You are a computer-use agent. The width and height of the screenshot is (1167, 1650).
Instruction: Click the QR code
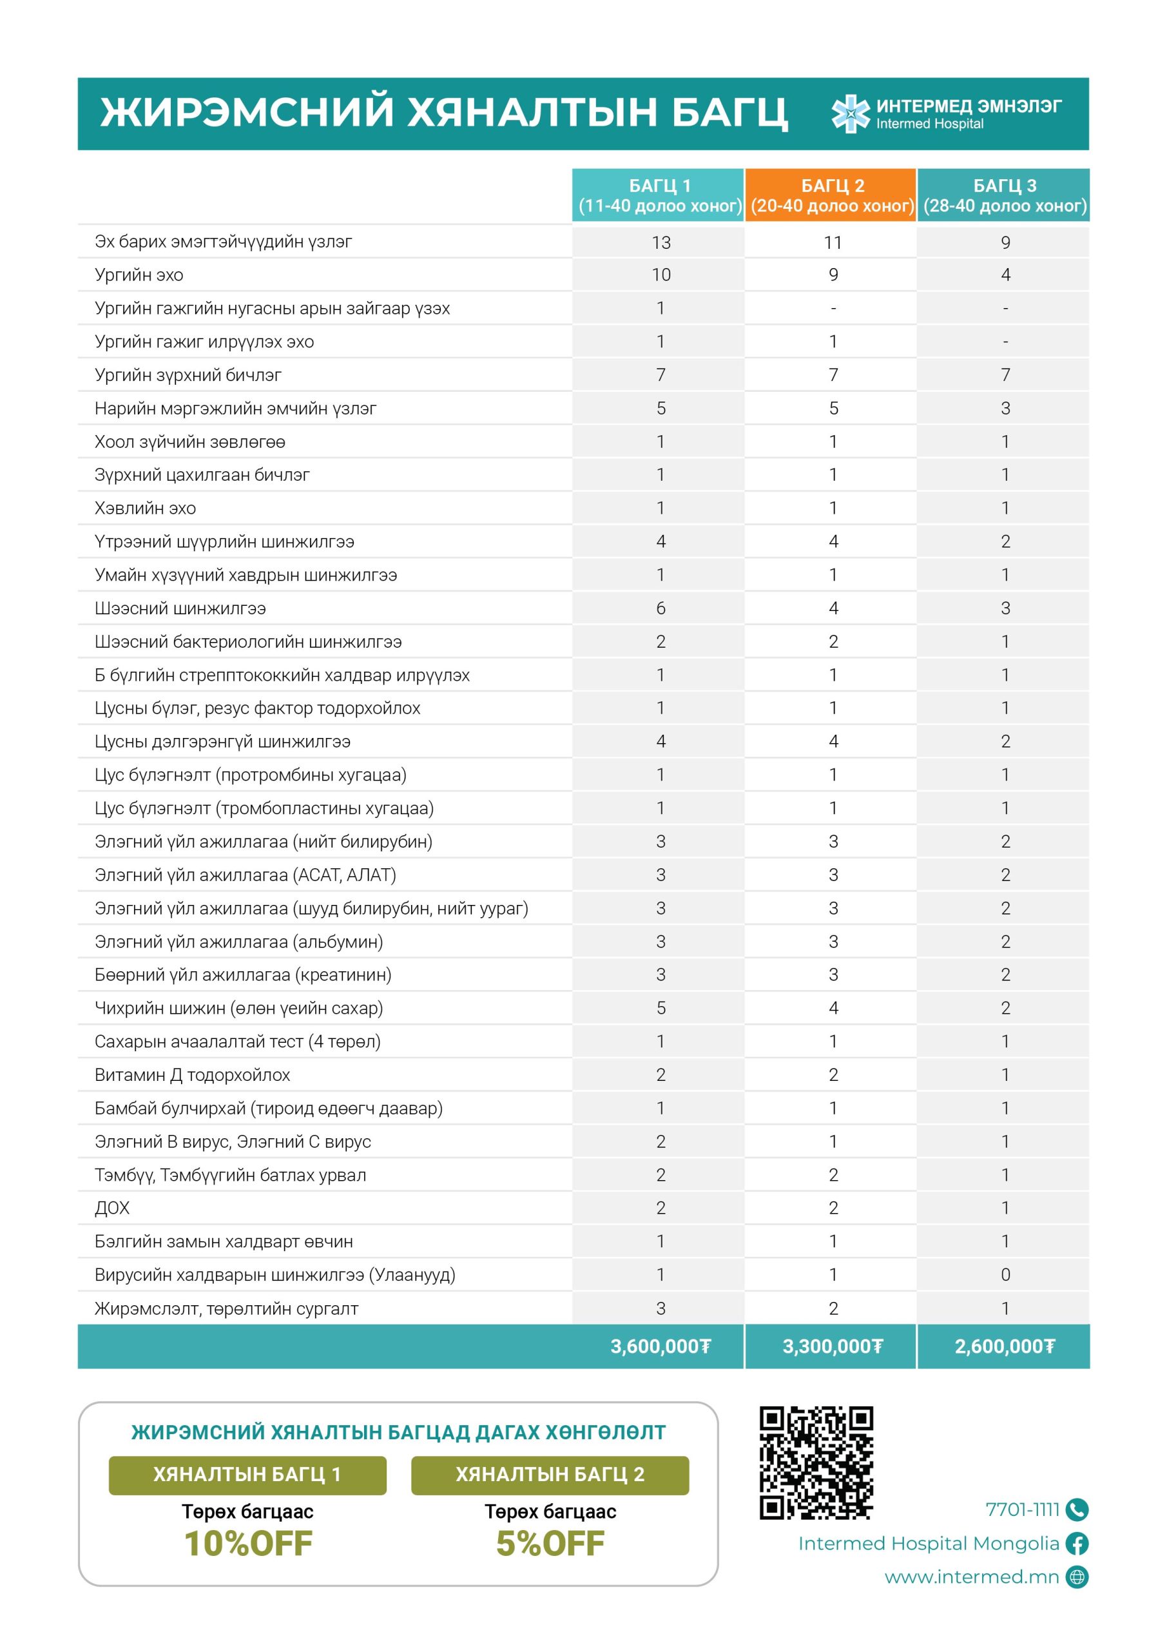816,1462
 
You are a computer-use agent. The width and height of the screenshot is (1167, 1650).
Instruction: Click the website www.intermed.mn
972,1577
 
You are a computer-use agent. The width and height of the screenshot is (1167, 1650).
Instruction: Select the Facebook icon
1077,1543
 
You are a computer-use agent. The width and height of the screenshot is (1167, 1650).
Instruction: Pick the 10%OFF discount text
248,1544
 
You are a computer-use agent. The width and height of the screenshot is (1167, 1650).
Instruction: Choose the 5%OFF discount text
550,1544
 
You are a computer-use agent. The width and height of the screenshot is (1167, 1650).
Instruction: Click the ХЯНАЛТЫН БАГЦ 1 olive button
247,1475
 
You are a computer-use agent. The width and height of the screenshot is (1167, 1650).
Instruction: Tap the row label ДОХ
112,1208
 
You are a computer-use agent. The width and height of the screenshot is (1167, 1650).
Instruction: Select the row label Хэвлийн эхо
145,508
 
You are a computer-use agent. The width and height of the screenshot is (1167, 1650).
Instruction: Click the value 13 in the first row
661,242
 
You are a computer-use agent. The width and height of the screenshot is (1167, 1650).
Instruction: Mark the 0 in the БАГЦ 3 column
1005,1275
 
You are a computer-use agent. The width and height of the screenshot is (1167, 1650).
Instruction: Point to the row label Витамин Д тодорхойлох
193,1074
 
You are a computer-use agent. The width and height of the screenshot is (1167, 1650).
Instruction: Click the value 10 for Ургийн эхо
661,275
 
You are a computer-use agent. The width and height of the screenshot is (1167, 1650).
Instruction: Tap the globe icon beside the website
1077,1577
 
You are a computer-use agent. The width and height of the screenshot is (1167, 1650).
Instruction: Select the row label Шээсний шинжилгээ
180,608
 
